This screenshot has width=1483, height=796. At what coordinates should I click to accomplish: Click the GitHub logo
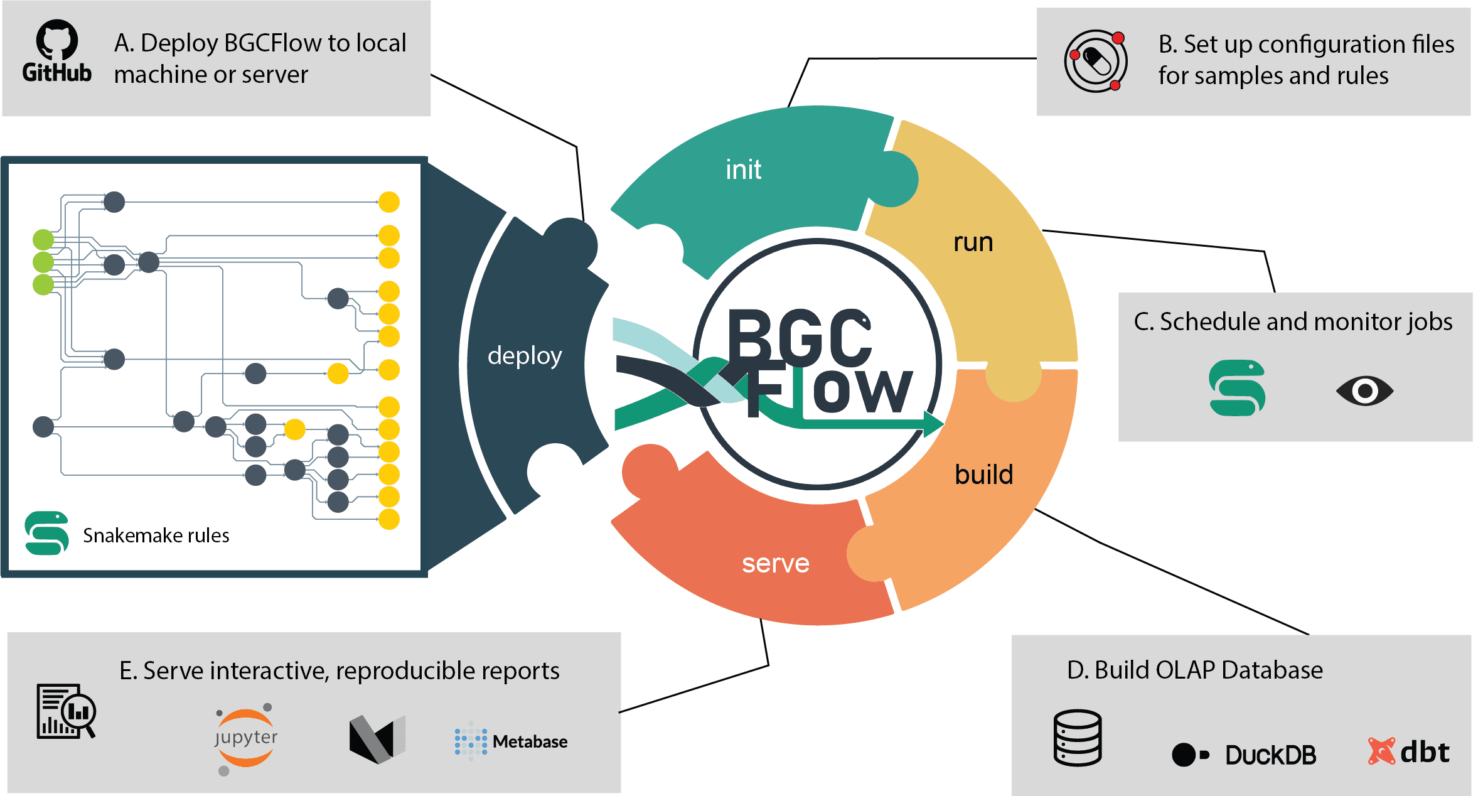click(57, 51)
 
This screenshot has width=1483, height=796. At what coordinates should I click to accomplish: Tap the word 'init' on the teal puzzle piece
click(743, 169)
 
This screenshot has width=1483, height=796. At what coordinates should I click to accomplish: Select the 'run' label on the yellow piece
click(973, 242)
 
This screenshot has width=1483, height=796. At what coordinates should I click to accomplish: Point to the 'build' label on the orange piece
click(984, 474)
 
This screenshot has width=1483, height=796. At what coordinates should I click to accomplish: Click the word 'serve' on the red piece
click(776, 564)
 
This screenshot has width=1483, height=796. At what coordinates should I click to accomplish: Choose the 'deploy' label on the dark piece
click(525, 356)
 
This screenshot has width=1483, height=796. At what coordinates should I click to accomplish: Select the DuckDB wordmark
click(1270, 755)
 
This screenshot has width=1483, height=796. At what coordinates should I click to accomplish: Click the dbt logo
click(1409, 751)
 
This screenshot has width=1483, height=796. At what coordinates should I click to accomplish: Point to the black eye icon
click(1364, 391)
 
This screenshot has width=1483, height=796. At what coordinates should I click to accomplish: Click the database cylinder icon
click(1078, 738)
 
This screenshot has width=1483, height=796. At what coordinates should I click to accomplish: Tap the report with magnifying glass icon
click(66, 711)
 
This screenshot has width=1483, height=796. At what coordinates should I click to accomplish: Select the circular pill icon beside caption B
click(1096, 61)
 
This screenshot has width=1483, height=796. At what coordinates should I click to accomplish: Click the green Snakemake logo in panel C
click(1237, 387)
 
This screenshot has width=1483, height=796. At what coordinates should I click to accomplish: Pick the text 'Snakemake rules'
click(156, 535)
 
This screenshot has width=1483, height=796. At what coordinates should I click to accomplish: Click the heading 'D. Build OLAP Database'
click(1195, 670)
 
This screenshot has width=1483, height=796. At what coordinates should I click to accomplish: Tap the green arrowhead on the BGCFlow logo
click(934, 424)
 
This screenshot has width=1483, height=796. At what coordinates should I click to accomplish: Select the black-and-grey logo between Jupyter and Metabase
click(377, 740)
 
